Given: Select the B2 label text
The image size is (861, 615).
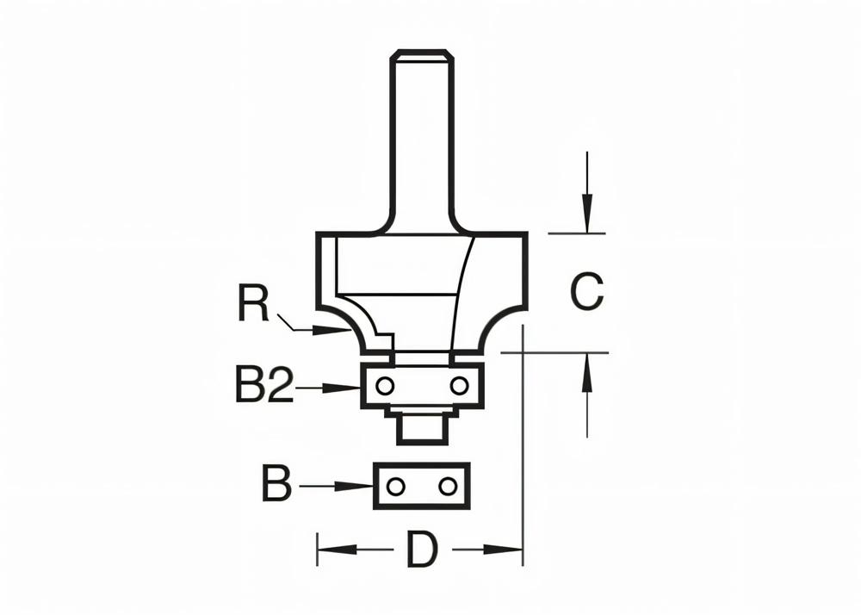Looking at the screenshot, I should (x=263, y=386).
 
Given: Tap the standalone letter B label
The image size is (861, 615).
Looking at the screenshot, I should (x=276, y=485).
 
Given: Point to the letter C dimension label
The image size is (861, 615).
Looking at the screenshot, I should (x=587, y=292).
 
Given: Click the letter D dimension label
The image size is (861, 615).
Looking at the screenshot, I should (x=422, y=550).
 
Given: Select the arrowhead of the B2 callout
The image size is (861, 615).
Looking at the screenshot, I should (x=349, y=389).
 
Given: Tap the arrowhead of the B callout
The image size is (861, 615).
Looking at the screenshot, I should (x=362, y=487).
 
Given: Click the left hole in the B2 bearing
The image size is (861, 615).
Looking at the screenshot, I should (x=384, y=384).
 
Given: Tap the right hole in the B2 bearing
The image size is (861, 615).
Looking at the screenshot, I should (x=460, y=384).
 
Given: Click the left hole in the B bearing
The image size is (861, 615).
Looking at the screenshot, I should (x=395, y=487).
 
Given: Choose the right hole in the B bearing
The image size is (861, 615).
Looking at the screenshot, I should (x=447, y=487).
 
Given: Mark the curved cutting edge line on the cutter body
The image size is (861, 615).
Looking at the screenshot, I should (x=461, y=293).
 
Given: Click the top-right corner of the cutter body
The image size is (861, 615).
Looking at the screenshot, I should (x=525, y=234).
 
